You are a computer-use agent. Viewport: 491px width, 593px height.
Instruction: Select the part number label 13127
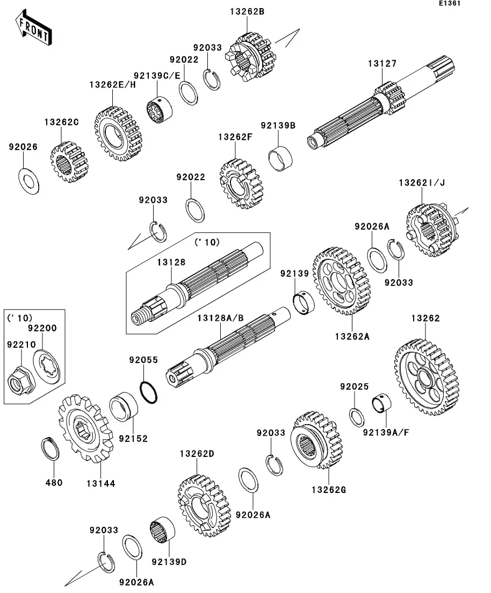coord(382,63)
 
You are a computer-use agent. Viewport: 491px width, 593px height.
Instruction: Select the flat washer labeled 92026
coord(28,181)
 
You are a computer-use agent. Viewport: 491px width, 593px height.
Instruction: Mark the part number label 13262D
coord(197,454)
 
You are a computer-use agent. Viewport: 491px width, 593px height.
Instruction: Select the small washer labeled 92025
coord(355,416)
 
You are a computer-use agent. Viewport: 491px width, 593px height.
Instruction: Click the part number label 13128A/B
coord(220,318)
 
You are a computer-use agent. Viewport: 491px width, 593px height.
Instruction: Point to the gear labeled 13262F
coord(241,183)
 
